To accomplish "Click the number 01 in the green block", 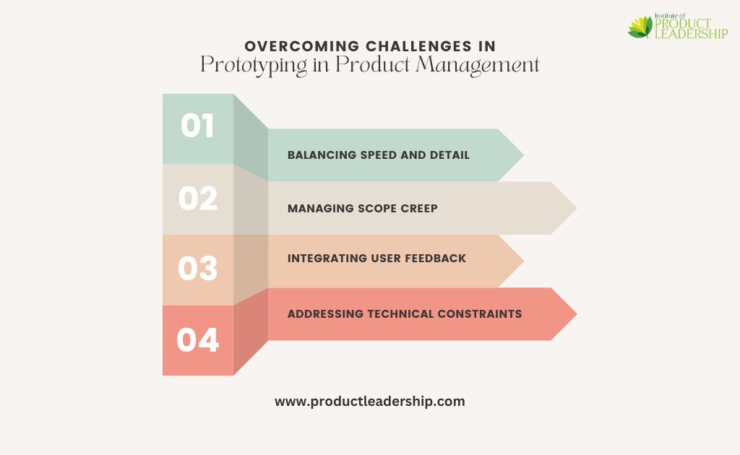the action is [197, 126].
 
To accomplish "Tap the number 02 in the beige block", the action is [198, 198].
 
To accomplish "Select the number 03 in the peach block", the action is [198, 269].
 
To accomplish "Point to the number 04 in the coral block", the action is [198, 340].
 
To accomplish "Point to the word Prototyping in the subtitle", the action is [254, 65].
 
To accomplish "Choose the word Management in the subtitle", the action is [478, 65].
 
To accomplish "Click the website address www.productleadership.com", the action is [370, 402].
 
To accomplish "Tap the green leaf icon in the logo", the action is [640, 27].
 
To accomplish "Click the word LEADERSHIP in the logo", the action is [692, 33].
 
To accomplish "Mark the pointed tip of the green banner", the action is [524, 155].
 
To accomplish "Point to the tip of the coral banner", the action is [577, 314].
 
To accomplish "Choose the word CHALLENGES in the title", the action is [418, 46].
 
